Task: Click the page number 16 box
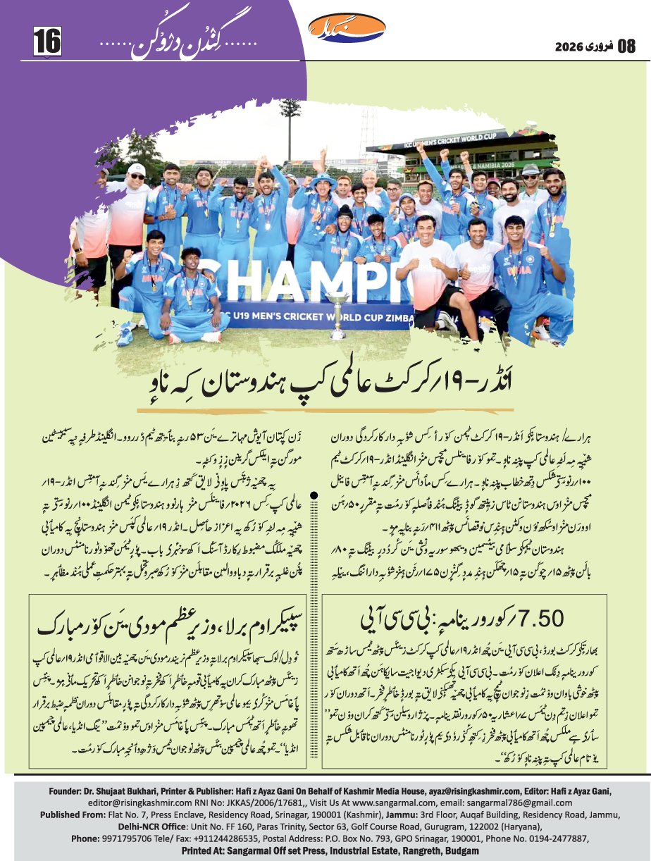[x=47, y=40]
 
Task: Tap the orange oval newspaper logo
[x=347, y=29]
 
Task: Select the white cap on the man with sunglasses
[x=137, y=170]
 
